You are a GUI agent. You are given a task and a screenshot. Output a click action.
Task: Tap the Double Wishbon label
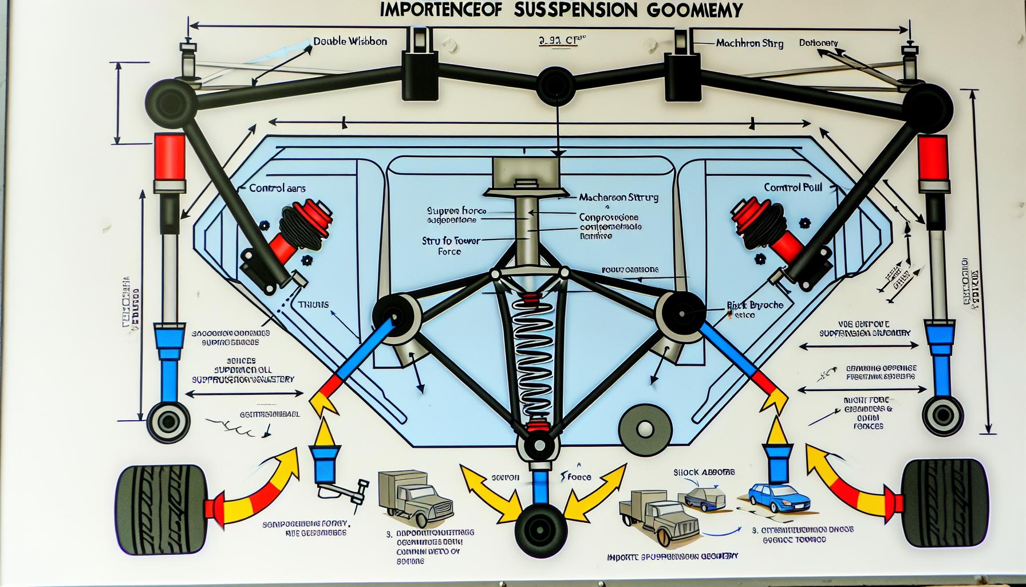pyautogui.click(x=350, y=41)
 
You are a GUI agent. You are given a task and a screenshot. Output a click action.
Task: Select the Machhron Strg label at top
pyautogui.click(x=750, y=43)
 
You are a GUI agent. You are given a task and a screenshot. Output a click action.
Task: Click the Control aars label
pyautogui.click(x=277, y=188)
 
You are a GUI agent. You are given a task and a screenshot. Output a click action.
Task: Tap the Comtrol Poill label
pyautogui.click(x=793, y=187)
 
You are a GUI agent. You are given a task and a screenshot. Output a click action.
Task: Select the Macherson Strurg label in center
pyautogui.click(x=618, y=197)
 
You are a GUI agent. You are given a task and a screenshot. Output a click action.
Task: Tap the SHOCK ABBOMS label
pyautogui.click(x=704, y=472)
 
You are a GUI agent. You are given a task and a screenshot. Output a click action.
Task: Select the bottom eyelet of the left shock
pyautogui.click(x=168, y=422)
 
